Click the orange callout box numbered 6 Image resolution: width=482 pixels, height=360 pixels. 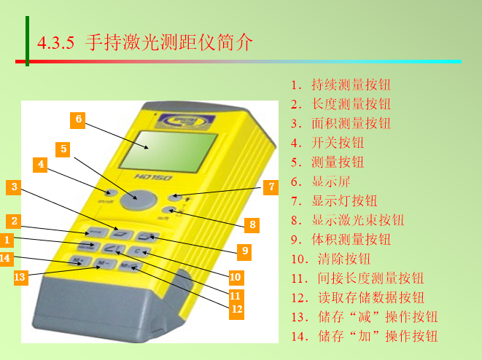click(x=78, y=120)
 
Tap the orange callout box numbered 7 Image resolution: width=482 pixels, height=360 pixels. click(x=271, y=187)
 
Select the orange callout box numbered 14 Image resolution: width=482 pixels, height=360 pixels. click(x=6, y=258)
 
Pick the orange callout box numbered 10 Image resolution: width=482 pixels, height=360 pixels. click(x=236, y=278)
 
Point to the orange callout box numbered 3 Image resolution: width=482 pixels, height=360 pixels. click(x=14, y=187)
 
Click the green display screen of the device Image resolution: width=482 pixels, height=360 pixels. click(x=168, y=151)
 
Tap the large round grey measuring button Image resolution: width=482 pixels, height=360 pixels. click(x=139, y=200)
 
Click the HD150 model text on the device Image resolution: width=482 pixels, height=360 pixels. click(x=153, y=177)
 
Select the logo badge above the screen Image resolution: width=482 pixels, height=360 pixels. click(x=184, y=121)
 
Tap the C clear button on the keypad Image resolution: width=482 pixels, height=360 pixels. click(x=139, y=251)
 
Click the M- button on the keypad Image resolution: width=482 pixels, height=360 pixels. click(x=104, y=264)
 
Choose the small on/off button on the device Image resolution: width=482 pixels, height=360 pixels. click(x=110, y=193)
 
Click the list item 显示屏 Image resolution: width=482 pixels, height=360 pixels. click(x=331, y=181)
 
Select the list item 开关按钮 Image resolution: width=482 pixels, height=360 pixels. click(x=338, y=143)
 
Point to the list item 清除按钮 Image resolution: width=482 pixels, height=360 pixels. click(x=344, y=259)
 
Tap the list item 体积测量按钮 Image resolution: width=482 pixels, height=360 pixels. click(x=351, y=240)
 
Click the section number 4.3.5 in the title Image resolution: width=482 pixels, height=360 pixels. click(x=55, y=43)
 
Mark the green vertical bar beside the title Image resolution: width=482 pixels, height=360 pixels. click(x=28, y=41)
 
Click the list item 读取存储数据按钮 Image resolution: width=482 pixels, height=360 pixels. click(x=371, y=297)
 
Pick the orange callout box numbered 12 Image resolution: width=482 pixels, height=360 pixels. click(x=236, y=309)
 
